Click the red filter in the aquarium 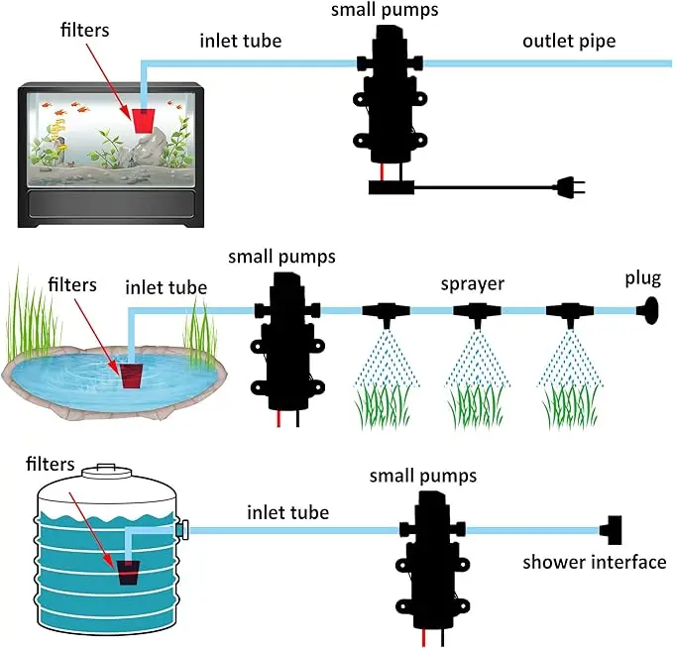pos(144,121)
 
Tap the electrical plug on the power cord pos(571,187)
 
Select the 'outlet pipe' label pos(569,42)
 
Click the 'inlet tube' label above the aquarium pos(240,41)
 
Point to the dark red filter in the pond pos(131,377)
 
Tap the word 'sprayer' pos(472,284)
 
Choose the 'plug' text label pos(642,278)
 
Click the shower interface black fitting pos(612,530)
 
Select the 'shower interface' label pos(594,562)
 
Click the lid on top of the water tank pos(106,471)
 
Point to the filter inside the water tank pos(129,572)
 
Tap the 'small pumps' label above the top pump pos(385,10)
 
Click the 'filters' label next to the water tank pos(51,464)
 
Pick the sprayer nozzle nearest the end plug pos(570,313)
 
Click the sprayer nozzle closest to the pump pos(386,313)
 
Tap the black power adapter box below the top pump pos(391,187)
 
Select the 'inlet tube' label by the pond pos(167,287)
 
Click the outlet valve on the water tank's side pos(182,529)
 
